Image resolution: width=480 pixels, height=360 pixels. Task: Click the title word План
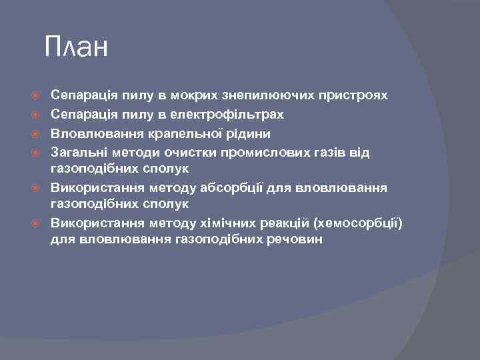click(x=76, y=48)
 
